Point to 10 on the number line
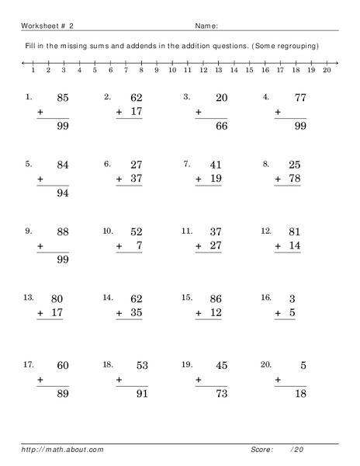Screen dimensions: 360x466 tap(171, 70)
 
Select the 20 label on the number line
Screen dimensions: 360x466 tap(327, 70)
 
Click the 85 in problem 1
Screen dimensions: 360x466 tap(64, 99)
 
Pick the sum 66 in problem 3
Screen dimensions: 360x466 tap(221, 127)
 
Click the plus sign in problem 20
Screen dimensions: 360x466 tap(278, 380)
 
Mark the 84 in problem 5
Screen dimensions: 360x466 tap(64, 165)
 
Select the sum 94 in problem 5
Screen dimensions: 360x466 tap(64, 193)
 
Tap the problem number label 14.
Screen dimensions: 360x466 tap(108, 297)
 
